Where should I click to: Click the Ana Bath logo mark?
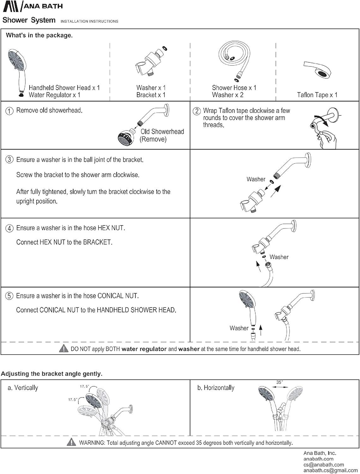click(x=11, y=6)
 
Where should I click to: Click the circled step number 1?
click(x=9, y=111)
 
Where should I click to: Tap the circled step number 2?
click(x=197, y=111)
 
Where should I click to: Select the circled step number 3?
click(x=9, y=160)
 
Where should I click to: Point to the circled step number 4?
click(x=9, y=228)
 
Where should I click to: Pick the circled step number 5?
click(x=9, y=296)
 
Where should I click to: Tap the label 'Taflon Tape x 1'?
click(x=317, y=95)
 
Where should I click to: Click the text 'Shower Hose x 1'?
click(x=234, y=88)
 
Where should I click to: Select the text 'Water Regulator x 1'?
click(x=54, y=95)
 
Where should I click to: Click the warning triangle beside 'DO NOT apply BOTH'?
click(x=64, y=349)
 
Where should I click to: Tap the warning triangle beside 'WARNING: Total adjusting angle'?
click(x=71, y=442)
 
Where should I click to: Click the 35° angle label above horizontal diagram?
click(x=279, y=382)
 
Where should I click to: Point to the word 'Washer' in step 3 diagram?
click(x=256, y=179)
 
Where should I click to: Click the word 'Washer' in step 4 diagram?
click(x=279, y=257)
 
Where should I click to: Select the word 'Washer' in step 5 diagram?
click(x=239, y=328)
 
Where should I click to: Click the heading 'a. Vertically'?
click(x=23, y=388)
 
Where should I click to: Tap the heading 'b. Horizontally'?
click(x=216, y=388)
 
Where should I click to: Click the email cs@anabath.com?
click(x=319, y=465)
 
